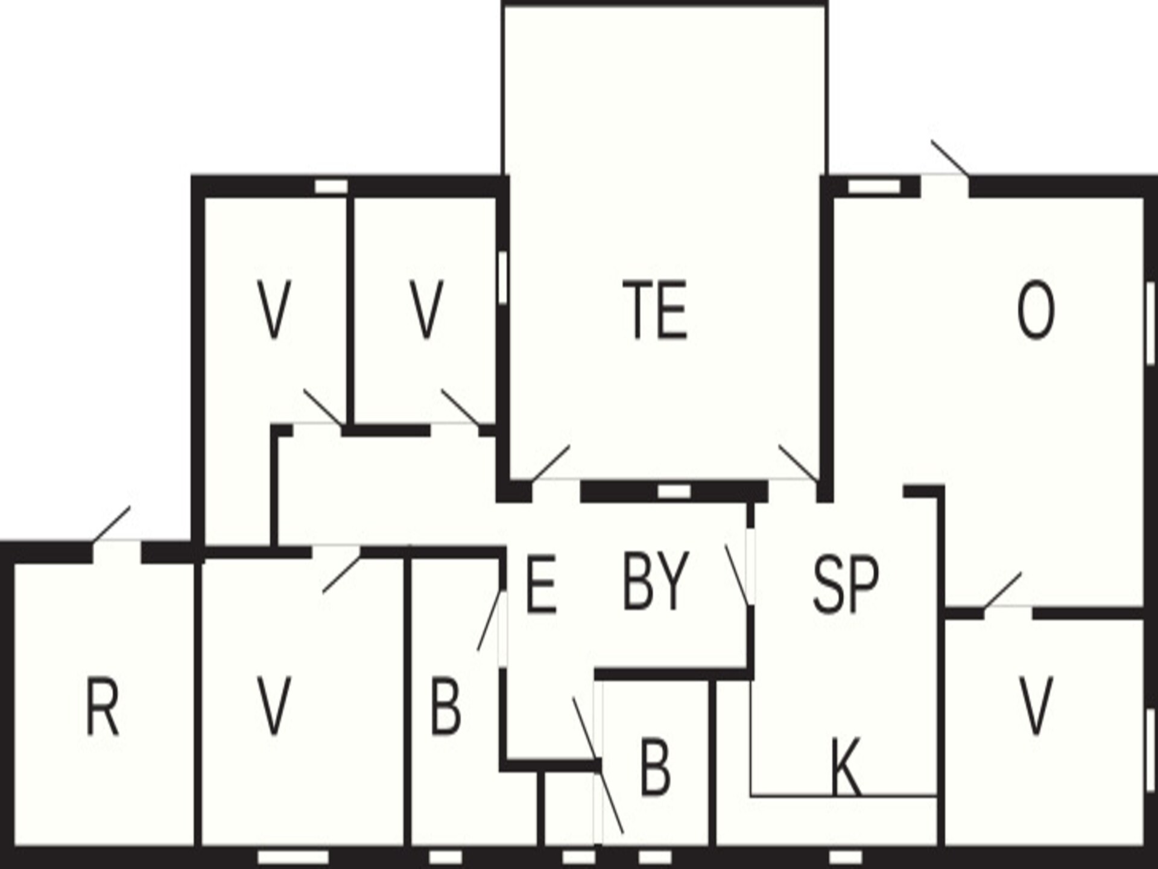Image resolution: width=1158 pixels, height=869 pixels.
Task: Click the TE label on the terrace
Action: coord(655,309)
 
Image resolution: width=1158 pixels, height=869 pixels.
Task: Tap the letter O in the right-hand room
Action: coord(1036,310)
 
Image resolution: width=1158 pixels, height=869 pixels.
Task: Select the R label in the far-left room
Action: coord(103,706)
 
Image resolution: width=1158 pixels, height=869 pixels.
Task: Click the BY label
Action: coord(655,581)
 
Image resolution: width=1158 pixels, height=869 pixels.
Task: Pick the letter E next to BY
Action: coord(540,584)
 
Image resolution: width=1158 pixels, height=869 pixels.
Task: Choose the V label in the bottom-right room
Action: coord(1036,706)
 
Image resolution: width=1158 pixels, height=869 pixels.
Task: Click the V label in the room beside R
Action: coord(274,706)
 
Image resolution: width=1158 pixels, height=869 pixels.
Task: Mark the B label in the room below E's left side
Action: coord(446,706)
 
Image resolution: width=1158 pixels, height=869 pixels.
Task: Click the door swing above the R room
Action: coord(111,524)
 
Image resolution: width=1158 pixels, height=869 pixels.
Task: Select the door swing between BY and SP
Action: coord(738,575)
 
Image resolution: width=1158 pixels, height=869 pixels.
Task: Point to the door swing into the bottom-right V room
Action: coord(1003,590)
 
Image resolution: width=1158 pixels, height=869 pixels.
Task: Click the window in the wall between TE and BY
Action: coord(674,492)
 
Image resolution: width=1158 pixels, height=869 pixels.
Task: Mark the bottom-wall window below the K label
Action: coord(846,858)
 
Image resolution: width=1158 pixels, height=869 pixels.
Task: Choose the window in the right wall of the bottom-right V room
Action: coord(1151,748)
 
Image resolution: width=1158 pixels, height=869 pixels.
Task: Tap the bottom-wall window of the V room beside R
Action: coord(293,858)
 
